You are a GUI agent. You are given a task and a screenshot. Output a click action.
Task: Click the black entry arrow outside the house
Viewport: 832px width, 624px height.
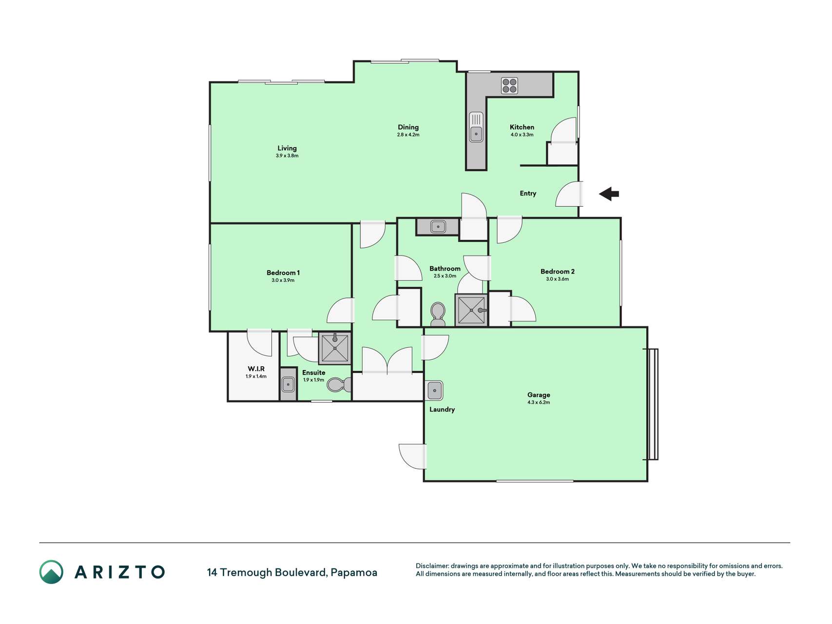(609, 194)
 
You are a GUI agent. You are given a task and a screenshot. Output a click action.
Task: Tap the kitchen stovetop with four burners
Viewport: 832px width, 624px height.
(510, 86)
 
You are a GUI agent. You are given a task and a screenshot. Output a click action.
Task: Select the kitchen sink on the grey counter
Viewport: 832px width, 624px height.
(476, 127)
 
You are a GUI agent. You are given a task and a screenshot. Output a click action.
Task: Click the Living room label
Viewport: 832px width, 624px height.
(287, 148)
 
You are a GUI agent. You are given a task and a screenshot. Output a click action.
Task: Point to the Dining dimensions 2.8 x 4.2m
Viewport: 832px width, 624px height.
(408, 135)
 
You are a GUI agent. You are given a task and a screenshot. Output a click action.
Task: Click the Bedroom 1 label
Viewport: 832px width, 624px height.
(283, 273)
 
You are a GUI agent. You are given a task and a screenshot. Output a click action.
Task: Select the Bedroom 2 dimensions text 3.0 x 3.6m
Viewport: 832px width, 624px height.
(558, 279)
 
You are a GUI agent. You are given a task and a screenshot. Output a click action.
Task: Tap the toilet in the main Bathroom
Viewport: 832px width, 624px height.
(438, 314)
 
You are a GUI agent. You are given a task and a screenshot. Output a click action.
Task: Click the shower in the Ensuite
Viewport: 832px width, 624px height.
(335, 348)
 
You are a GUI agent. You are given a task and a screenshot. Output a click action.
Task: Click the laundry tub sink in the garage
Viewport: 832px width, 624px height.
(434, 390)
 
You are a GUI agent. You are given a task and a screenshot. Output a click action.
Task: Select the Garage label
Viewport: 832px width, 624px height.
(539, 395)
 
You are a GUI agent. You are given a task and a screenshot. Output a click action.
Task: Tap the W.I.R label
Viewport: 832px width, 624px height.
(256, 369)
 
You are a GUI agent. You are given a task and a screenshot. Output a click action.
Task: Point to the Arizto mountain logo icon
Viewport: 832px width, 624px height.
(51, 572)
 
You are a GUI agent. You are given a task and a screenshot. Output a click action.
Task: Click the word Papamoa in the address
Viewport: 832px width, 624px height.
(354, 572)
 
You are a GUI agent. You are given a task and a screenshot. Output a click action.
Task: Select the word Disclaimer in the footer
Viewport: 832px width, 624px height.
(432, 566)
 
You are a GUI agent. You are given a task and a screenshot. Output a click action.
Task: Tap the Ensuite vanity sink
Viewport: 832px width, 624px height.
(289, 384)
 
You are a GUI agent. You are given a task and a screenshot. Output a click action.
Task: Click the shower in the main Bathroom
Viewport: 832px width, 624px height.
(471, 310)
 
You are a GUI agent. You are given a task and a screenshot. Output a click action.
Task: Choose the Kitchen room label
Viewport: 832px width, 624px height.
(522, 127)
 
